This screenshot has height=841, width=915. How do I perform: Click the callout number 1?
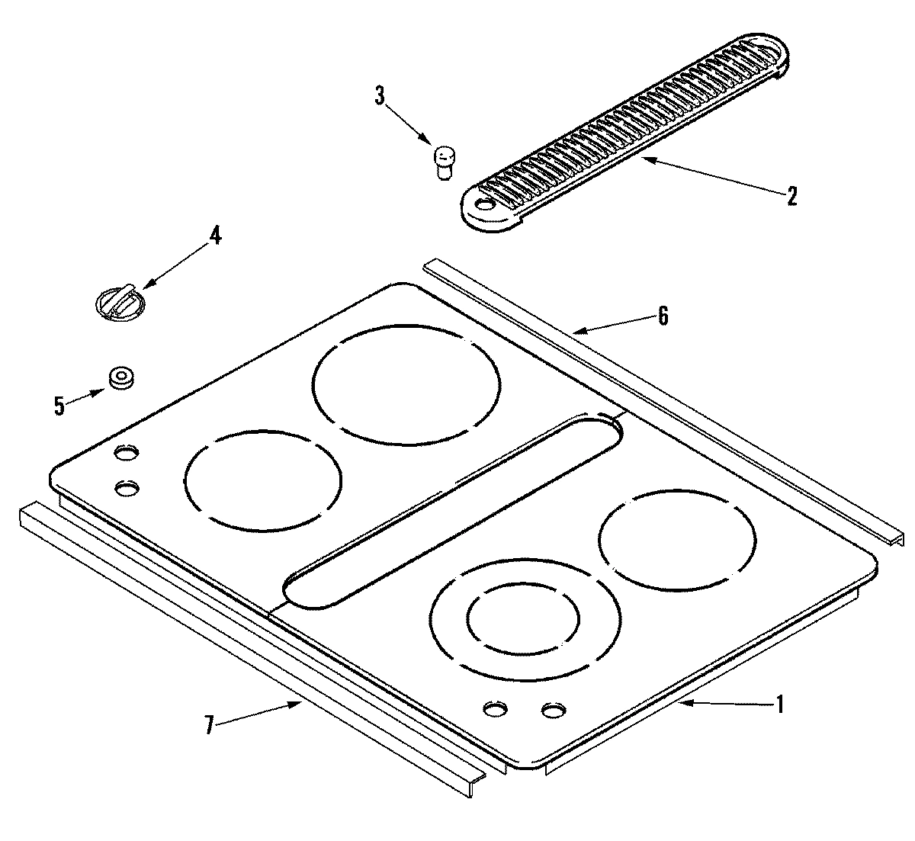pyautogui.click(x=779, y=705)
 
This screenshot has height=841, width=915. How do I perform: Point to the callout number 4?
pyautogui.click(x=216, y=236)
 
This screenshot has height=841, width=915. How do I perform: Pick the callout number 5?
pyautogui.click(x=59, y=406)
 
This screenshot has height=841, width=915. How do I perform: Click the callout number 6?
pyautogui.click(x=663, y=316)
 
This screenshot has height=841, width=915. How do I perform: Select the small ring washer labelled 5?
pyautogui.click(x=120, y=377)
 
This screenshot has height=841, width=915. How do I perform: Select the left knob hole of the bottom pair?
pyautogui.click(x=496, y=710)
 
